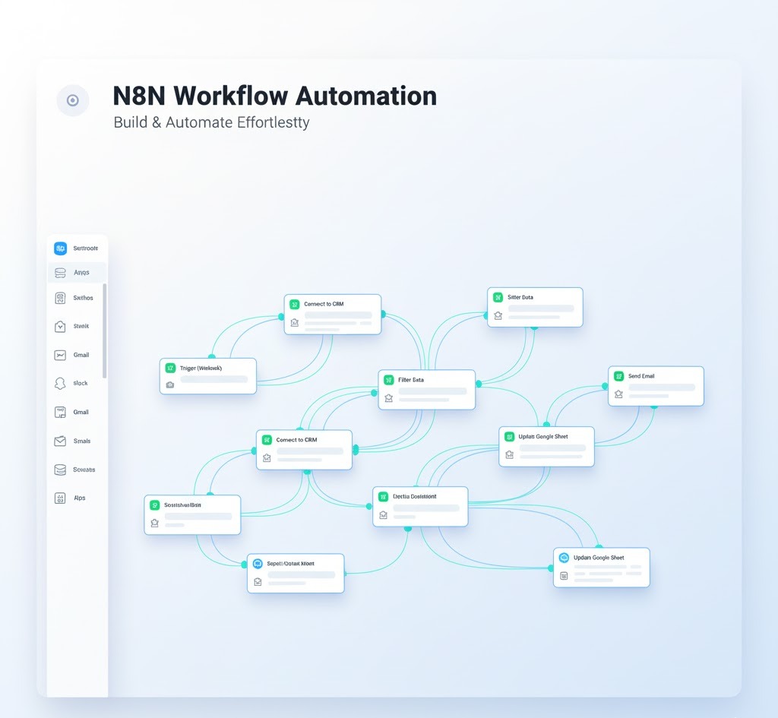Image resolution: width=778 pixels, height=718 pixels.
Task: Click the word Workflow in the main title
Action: [x=229, y=96]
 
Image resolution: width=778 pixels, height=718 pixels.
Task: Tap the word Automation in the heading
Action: [x=365, y=96]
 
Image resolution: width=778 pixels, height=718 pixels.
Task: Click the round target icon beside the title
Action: [x=73, y=100]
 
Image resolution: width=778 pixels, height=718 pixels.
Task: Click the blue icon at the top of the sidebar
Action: [x=61, y=248]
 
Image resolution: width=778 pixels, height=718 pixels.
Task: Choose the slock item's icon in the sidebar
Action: [x=61, y=384]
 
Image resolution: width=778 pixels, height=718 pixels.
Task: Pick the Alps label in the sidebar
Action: [x=80, y=498]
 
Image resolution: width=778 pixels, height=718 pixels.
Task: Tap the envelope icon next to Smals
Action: [x=61, y=441]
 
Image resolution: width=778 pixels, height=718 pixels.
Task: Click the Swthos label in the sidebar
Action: [x=83, y=299]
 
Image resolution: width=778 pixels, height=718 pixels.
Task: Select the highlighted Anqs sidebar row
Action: [x=77, y=272]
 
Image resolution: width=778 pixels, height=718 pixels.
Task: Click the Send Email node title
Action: [x=641, y=376]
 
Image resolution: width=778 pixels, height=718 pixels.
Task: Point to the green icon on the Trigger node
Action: [x=171, y=368]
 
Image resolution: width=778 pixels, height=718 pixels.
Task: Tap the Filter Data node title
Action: [x=411, y=380]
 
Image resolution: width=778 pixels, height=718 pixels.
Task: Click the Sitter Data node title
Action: [x=520, y=297]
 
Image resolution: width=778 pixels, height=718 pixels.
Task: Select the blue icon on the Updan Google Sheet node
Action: [x=564, y=558]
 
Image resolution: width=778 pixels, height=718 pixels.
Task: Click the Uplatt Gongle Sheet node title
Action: [x=543, y=437]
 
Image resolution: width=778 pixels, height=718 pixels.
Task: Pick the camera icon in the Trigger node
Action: [x=170, y=384]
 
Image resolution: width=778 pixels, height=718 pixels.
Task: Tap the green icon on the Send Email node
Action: [x=619, y=376]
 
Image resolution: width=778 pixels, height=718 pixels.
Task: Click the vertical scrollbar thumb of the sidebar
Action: [x=105, y=331]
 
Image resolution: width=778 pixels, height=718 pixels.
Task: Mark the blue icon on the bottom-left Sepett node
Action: [x=258, y=564]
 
